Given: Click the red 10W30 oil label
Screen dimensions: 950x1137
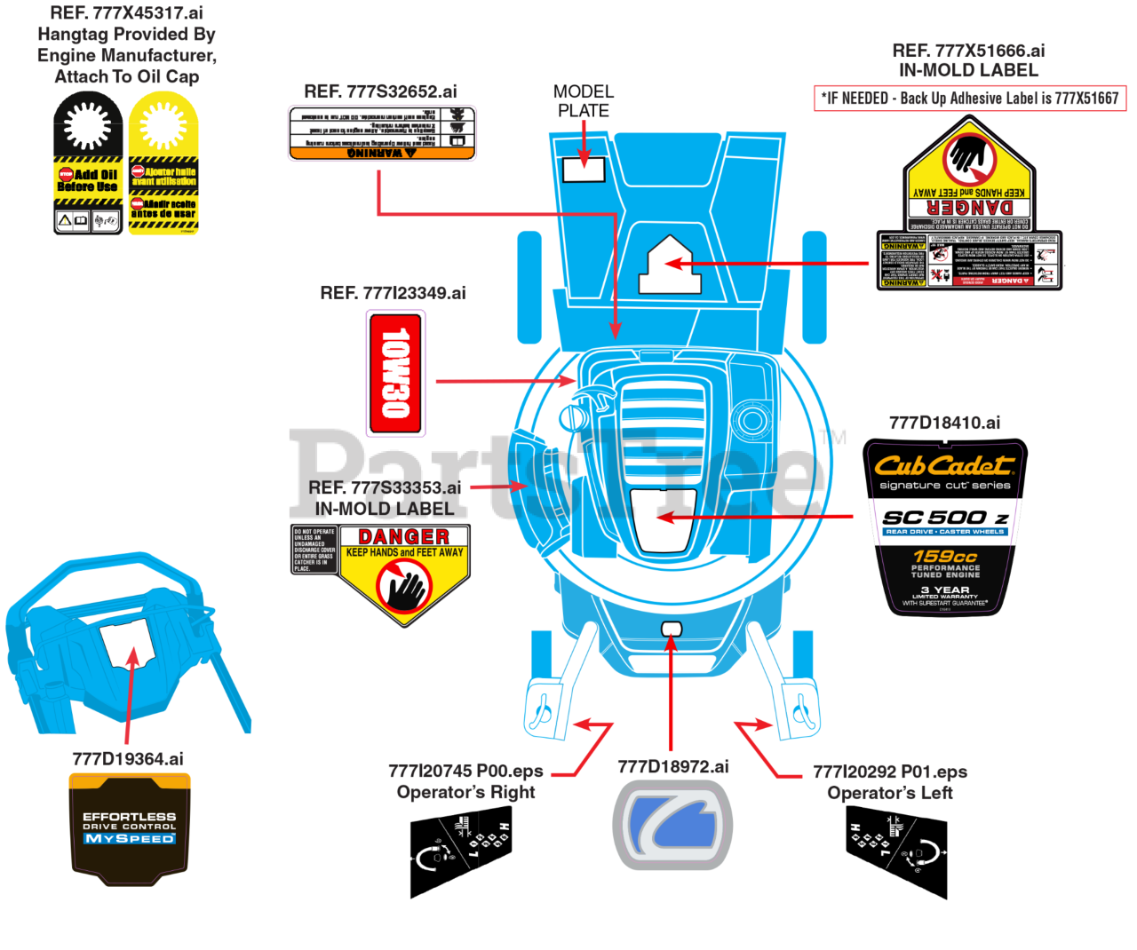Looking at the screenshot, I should click(x=395, y=373).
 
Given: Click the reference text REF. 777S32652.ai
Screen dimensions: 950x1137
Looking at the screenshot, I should click(x=380, y=91).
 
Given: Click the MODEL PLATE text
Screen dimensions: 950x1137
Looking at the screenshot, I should click(x=583, y=101).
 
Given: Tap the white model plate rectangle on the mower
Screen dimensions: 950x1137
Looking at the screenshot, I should click(x=584, y=170).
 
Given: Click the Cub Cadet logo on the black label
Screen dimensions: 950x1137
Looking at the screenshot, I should click(x=944, y=464).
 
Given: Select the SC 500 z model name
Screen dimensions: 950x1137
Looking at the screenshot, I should click(x=944, y=518).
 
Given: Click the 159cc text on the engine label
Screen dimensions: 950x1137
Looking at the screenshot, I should click(x=944, y=555).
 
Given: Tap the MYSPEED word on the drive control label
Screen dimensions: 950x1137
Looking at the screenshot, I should click(x=130, y=838).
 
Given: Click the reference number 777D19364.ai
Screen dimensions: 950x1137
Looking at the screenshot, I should click(x=128, y=759).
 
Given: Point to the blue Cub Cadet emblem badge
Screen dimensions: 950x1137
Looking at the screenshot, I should click(x=672, y=825).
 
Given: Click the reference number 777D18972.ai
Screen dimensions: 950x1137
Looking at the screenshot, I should click(x=672, y=767).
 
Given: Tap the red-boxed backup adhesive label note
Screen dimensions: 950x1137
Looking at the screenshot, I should click(x=970, y=99).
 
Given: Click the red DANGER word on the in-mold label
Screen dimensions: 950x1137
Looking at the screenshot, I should click(x=403, y=536).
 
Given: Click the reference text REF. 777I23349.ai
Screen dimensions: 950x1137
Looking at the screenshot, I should click(x=393, y=293).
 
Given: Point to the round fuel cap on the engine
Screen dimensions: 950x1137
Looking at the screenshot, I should click(x=752, y=419).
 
